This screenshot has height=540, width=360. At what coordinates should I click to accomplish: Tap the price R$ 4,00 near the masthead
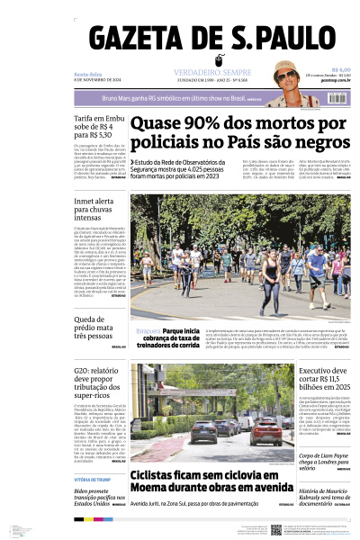tap(340, 69)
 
